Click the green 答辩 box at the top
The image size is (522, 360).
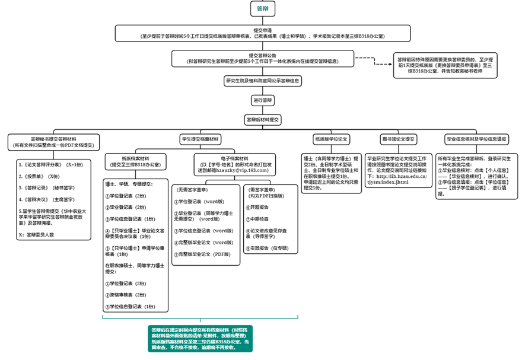click(x=262, y=9)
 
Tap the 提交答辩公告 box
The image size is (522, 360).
click(x=262, y=58)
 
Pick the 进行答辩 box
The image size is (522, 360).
click(x=262, y=100)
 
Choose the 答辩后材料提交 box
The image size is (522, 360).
click(x=262, y=119)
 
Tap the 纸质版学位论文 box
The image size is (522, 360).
click(x=332, y=139)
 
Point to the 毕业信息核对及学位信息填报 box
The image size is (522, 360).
click(x=476, y=139)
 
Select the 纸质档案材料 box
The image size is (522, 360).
click(x=135, y=161)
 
